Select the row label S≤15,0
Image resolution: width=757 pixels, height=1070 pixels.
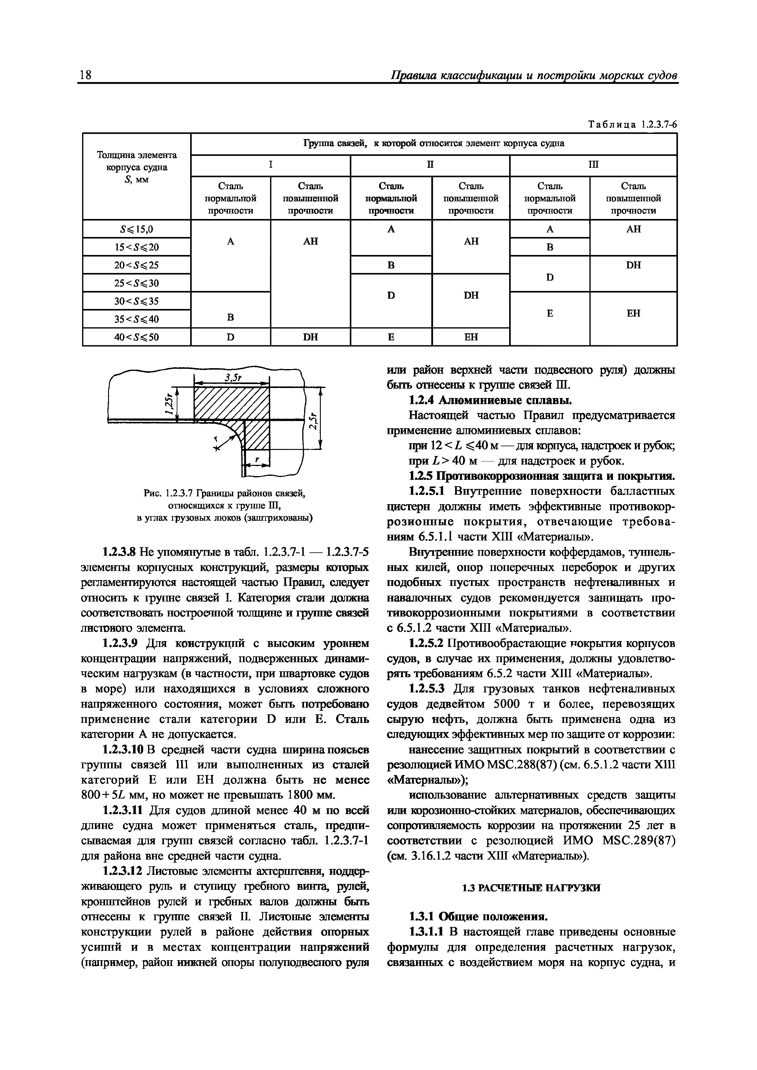coord(137,229)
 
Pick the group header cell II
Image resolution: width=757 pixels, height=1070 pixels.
coord(429,165)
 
